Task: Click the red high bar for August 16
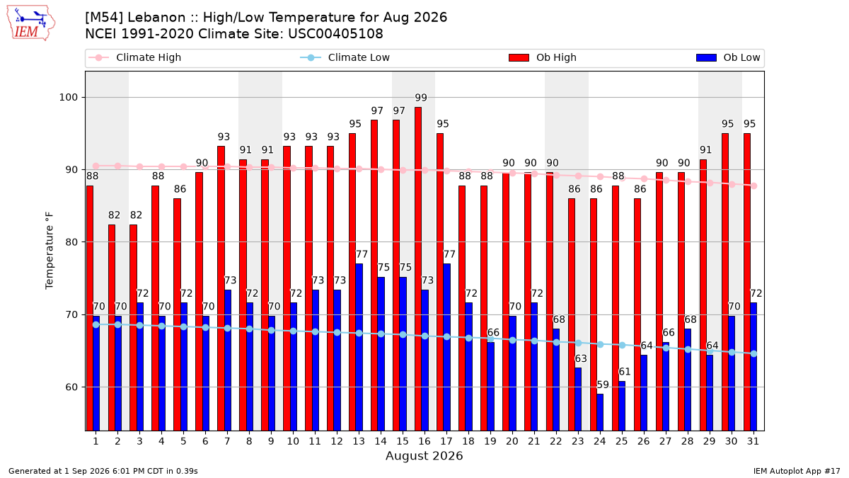(418, 268)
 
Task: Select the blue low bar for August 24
(600, 412)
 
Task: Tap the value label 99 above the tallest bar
(421, 98)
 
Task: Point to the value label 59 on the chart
(603, 385)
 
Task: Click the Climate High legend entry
(134, 57)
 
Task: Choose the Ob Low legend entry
(728, 57)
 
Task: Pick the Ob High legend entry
(543, 57)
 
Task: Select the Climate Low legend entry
(345, 57)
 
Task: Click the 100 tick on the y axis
(68, 98)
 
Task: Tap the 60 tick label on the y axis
(71, 387)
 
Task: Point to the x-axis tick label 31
(753, 441)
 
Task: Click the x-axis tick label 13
(359, 441)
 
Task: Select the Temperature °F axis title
(50, 251)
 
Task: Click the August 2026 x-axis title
(424, 455)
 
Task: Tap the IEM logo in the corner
(30, 23)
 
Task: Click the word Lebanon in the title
(156, 18)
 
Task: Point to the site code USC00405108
(335, 34)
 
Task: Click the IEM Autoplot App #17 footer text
(797, 471)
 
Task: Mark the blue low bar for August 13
(359, 347)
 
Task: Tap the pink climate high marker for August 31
(754, 186)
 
